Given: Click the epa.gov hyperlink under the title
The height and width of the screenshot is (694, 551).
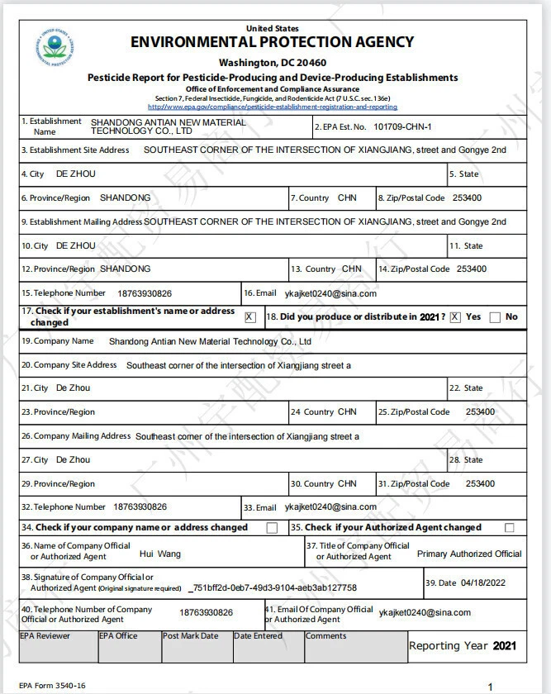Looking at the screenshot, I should click(x=273, y=107).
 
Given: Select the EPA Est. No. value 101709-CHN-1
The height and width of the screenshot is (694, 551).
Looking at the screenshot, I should click(x=402, y=126).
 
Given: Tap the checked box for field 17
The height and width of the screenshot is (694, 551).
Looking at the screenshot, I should click(x=249, y=316).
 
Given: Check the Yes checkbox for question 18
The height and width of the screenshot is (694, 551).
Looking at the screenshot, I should click(x=455, y=317).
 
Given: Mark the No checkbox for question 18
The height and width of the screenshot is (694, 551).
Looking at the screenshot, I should click(x=495, y=317).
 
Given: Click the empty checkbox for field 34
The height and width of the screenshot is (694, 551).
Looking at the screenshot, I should click(x=272, y=528).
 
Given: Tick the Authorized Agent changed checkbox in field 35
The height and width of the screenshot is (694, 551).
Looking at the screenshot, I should click(x=509, y=528).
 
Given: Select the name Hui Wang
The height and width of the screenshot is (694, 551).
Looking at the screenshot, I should click(x=159, y=554).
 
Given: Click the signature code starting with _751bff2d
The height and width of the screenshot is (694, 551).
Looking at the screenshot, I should click(x=273, y=587).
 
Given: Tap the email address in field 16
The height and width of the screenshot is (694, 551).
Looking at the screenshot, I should click(x=328, y=293).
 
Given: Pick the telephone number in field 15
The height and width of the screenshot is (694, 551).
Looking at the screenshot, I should click(x=144, y=293).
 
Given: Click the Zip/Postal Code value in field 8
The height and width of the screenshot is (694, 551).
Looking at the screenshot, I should click(x=468, y=198).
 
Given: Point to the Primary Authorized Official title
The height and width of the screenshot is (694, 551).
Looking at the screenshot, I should click(x=469, y=554).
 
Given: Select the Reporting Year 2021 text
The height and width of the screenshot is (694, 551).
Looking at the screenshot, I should click(x=463, y=646).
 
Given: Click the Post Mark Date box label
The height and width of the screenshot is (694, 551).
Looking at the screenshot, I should click(x=191, y=636).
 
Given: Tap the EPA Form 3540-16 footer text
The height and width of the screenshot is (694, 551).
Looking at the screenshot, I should click(x=52, y=686).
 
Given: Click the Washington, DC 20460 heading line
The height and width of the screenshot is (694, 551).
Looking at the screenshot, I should click(x=273, y=63).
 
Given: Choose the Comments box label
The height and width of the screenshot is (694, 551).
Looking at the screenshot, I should click(x=326, y=636).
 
